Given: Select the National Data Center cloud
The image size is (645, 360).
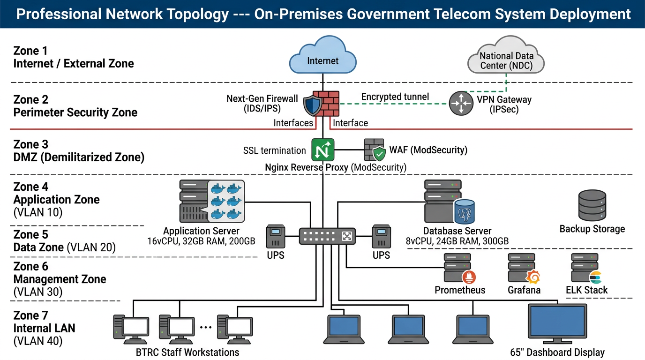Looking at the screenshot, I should click(506, 59).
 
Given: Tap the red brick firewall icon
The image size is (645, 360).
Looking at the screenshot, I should click(326, 103).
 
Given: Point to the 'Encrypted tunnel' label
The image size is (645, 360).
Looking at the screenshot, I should click(395, 97).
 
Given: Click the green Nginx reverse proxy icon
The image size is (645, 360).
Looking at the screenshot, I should click(323, 150).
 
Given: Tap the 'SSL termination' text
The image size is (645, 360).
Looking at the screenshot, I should click(274, 150).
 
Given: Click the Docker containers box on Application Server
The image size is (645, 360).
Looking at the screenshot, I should click(225, 202).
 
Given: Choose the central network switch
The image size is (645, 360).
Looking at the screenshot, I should click(327, 236).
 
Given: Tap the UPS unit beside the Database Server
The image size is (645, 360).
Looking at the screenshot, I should click(381, 237).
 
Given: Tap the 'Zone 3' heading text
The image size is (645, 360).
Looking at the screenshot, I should click(31, 144).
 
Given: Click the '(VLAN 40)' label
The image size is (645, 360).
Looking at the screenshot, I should click(38, 341).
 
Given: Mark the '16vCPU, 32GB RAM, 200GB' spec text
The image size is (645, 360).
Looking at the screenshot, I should click(201, 242).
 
